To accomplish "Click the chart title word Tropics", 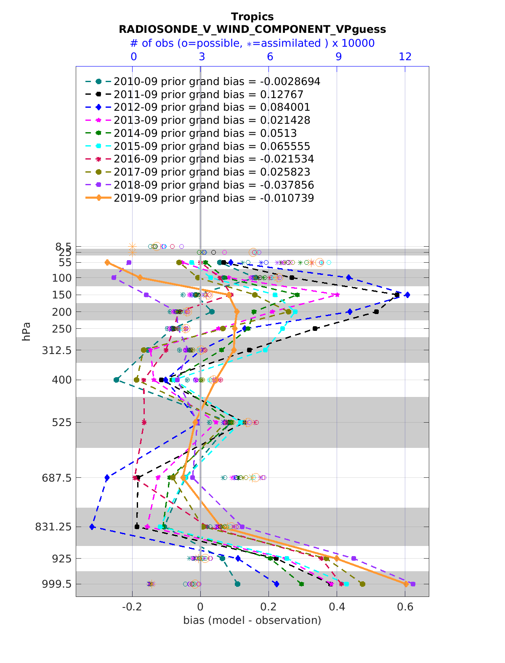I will pos(252,17).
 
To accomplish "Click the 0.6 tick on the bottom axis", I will pos(405,607).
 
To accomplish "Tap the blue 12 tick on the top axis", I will pos(405,56).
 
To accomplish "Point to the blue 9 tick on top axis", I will pos(338,56).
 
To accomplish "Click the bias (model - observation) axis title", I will pos(252,620).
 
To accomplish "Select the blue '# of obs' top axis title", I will pos(252,43).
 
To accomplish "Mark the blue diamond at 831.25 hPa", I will pos(92,527).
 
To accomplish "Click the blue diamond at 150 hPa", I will pos(407,295).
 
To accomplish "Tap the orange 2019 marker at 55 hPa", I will pos(107,262).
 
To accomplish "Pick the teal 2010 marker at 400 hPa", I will pos(117,380).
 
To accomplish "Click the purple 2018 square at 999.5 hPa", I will pos(413,584).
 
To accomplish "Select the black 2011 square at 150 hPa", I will pos(397,295).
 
